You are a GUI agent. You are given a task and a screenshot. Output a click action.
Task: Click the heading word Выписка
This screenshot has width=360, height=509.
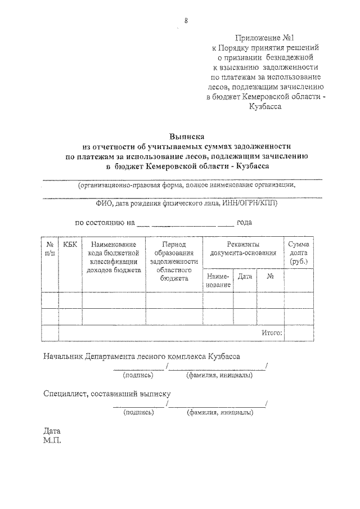(x=188, y=136)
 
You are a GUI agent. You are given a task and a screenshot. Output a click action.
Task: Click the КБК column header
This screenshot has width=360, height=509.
(x=70, y=244)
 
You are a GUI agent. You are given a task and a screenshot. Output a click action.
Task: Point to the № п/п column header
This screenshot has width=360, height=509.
(x=50, y=249)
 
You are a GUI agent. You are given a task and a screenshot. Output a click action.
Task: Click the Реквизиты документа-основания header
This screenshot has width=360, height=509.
(x=244, y=249)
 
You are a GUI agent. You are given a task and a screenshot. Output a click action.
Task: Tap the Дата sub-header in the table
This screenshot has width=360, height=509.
(x=244, y=277)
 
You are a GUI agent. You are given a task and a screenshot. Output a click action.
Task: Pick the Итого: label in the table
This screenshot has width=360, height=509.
(x=272, y=332)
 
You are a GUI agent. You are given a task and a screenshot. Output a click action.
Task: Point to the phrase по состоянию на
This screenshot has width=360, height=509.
(x=105, y=222)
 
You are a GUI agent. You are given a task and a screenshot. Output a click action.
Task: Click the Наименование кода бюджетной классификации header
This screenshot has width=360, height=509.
(x=114, y=256)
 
